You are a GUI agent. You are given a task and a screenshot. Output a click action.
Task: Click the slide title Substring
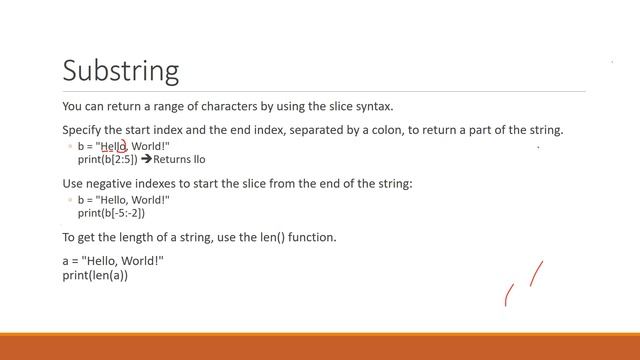(x=120, y=70)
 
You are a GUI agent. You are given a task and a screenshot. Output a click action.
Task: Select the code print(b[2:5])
(x=107, y=159)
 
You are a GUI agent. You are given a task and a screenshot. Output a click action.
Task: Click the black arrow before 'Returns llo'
(x=146, y=159)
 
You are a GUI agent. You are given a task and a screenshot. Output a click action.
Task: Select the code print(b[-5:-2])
(x=111, y=212)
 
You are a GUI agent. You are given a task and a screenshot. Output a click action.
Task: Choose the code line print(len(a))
(x=95, y=274)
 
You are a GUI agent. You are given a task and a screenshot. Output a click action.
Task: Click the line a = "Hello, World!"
(x=112, y=261)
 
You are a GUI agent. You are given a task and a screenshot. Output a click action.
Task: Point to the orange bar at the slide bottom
(x=320, y=346)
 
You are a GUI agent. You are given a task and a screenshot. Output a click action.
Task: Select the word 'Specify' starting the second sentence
(x=81, y=130)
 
